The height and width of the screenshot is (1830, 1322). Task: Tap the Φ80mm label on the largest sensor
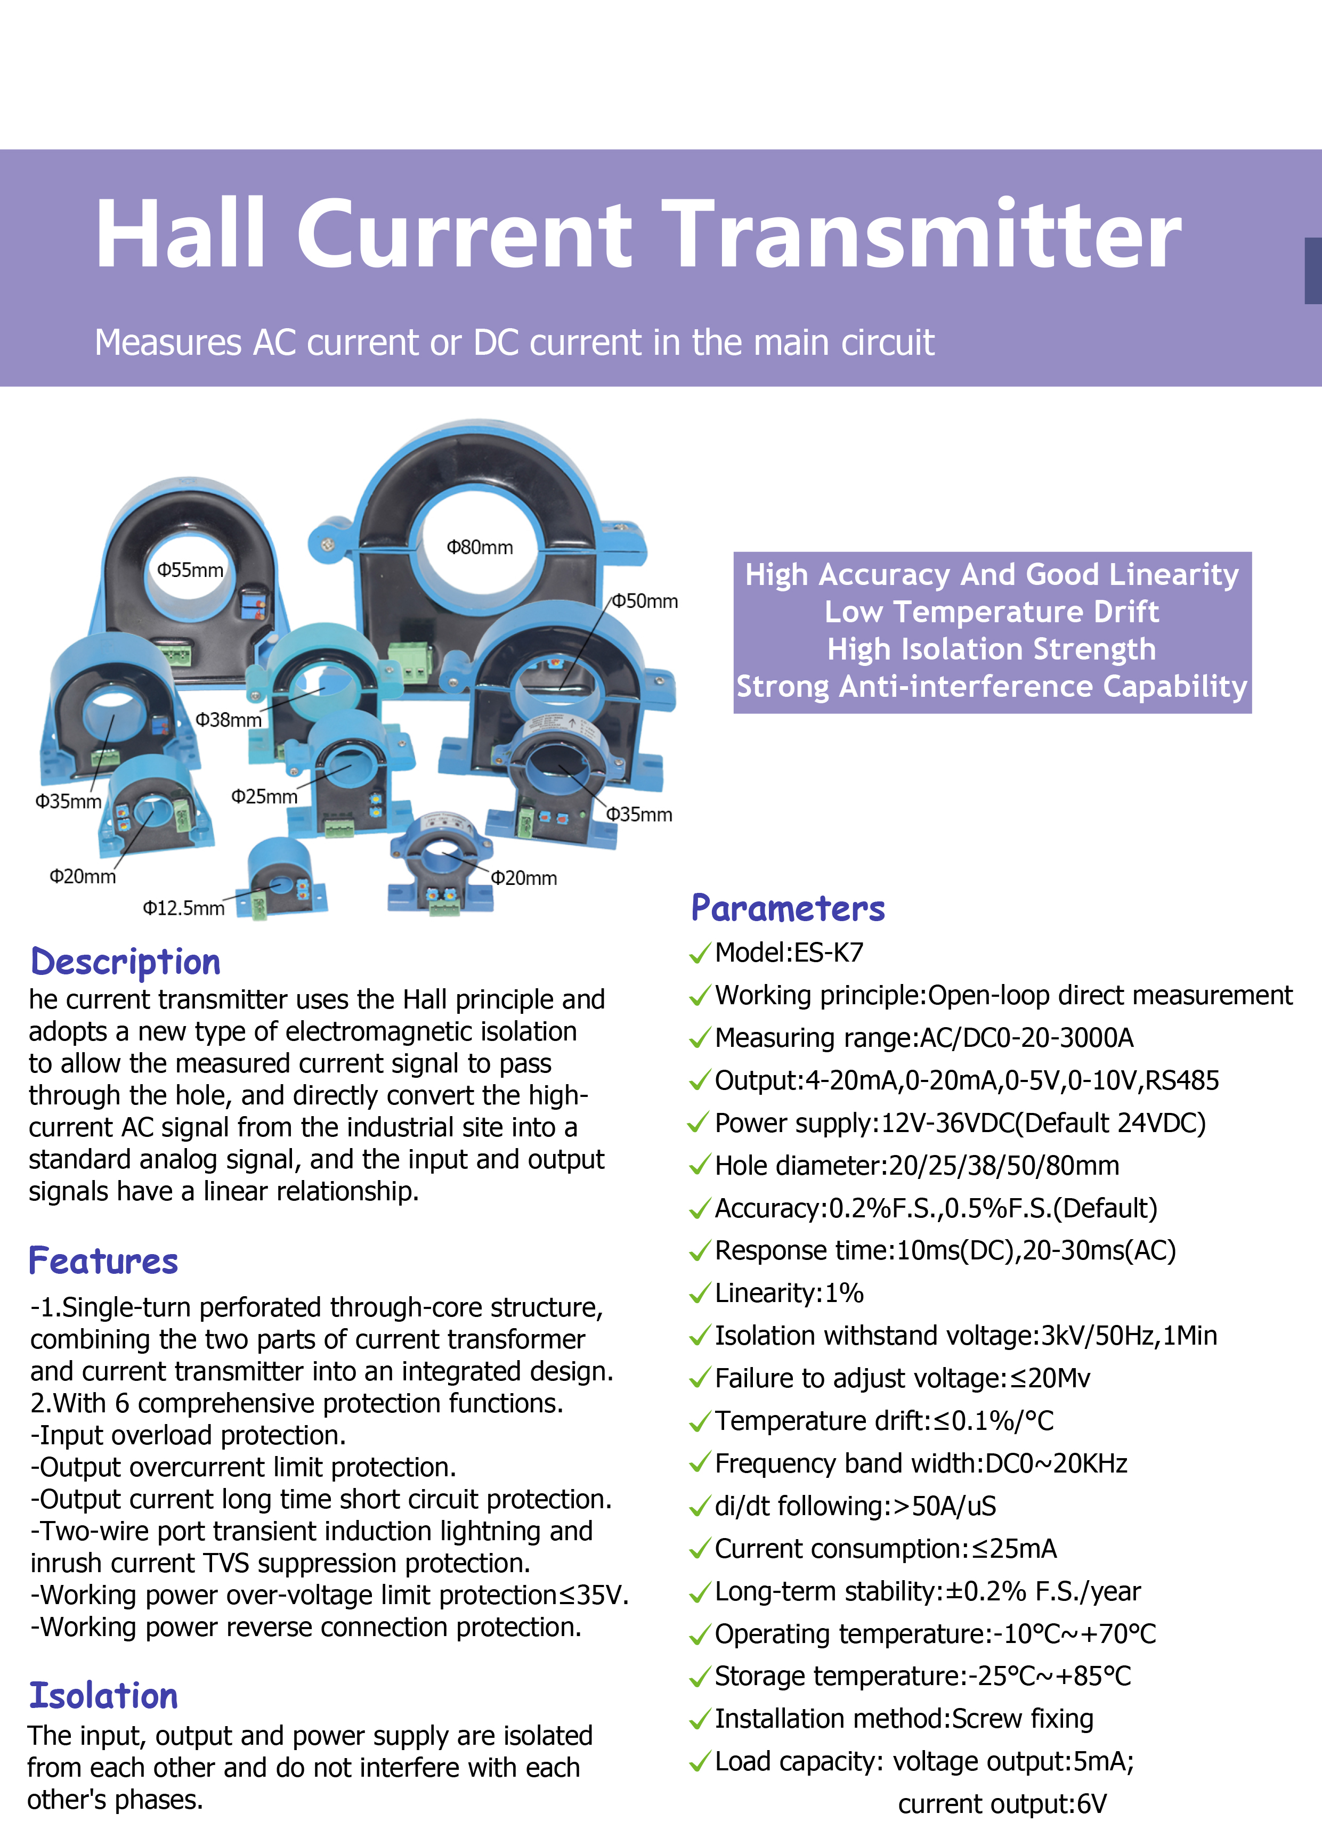click(480, 547)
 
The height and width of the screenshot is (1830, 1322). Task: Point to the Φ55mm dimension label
click(190, 570)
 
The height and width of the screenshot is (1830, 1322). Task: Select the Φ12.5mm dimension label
click(184, 908)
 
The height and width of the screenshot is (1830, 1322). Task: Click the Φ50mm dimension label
click(645, 600)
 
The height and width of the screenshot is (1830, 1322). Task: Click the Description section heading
click(125, 962)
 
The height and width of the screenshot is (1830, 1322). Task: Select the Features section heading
click(103, 1260)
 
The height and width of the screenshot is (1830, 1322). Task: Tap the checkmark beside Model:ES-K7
click(700, 953)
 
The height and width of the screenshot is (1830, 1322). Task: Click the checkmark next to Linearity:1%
click(700, 1294)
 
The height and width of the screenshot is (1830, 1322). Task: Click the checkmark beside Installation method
click(700, 1720)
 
